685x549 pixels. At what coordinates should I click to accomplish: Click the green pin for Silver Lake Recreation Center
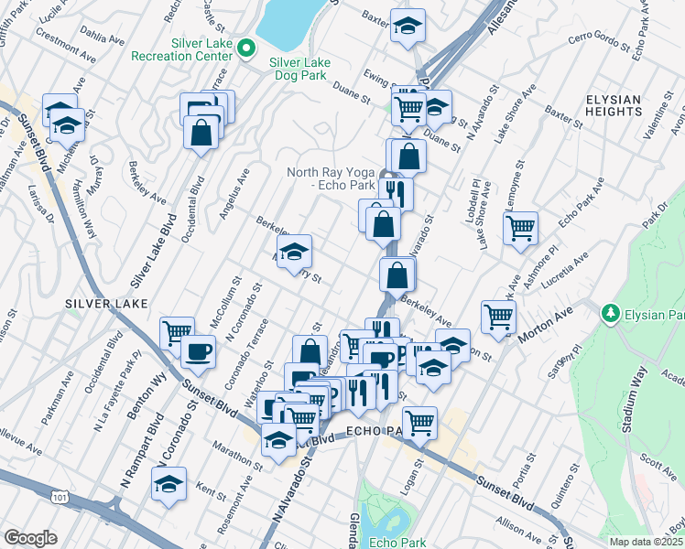click(x=245, y=48)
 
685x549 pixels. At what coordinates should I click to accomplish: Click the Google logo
click(x=30, y=538)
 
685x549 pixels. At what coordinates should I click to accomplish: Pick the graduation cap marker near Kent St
click(x=169, y=485)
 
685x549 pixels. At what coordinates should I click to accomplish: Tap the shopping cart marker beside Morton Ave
click(x=499, y=317)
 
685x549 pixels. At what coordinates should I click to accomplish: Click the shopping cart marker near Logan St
click(x=419, y=423)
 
